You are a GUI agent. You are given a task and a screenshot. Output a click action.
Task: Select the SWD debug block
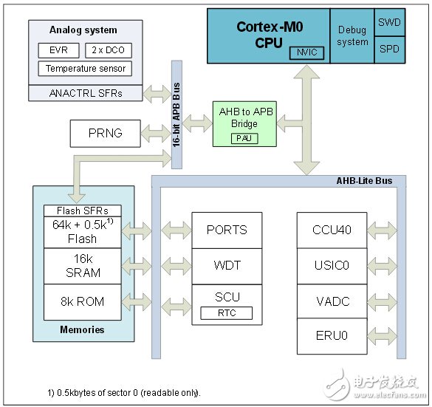pyautogui.click(x=389, y=22)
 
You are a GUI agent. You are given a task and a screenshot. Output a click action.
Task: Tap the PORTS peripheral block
pyautogui.click(x=227, y=230)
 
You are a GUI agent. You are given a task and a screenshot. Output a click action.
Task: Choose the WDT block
pyautogui.click(x=227, y=264)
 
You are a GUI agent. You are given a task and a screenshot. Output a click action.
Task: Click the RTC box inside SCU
pyautogui.click(x=227, y=313)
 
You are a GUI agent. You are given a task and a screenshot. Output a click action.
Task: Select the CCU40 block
pyautogui.click(x=332, y=230)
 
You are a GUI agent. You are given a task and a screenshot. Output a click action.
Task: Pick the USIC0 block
pyautogui.click(x=332, y=264)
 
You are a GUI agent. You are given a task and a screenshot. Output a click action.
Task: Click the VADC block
pyautogui.click(x=332, y=300)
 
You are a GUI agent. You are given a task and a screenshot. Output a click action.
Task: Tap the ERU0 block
pyautogui.click(x=332, y=335)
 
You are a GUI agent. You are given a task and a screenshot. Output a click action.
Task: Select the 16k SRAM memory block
pyautogui.click(x=83, y=266)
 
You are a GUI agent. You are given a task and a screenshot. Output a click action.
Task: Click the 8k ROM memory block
pyautogui.click(x=83, y=301)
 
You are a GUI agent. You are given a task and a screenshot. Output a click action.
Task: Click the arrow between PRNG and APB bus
pyautogui.click(x=157, y=134)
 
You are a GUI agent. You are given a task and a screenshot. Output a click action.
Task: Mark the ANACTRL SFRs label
pyautogui.click(x=83, y=92)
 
